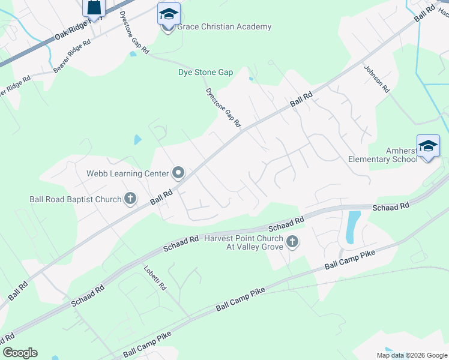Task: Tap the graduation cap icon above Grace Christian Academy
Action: click(169, 13)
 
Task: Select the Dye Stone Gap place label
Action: click(205, 72)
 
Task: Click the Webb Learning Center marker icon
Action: click(178, 173)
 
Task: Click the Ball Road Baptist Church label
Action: click(76, 199)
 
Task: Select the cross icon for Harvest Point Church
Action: click(292, 242)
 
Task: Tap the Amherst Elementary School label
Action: click(383, 155)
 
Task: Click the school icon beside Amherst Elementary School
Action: click(428, 146)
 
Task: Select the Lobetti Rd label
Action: click(155, 278)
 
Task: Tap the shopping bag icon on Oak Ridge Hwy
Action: click(94, 7)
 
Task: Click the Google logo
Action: click(20, 353)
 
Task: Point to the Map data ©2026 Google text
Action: click(411, 355)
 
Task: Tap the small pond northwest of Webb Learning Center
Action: click(137, 140)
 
